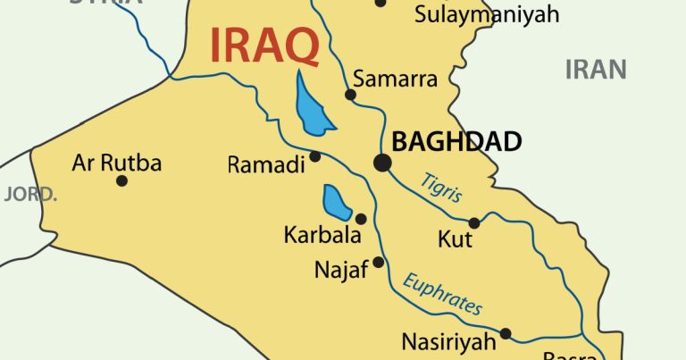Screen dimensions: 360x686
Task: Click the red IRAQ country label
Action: (264, 46)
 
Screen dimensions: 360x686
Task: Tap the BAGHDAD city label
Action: (456, 141)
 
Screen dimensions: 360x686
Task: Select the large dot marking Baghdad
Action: (382, 163)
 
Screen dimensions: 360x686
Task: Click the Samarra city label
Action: (396, 79)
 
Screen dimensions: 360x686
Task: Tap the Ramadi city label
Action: (266, 164)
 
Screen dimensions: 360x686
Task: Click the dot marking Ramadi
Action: (315, 156)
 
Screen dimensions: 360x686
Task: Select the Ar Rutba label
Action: (117, 163)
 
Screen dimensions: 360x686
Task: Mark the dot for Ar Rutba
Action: (121, 180)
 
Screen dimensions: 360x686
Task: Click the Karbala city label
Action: (322, 237)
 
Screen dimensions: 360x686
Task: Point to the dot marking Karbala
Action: (361, 219)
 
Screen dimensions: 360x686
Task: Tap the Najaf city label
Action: (341, 270)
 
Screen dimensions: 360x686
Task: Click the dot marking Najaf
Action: (379, 262)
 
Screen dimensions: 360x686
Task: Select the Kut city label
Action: (455, 240)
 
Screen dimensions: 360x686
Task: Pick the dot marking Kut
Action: (474, 222)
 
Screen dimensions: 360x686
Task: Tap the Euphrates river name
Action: (442, 294)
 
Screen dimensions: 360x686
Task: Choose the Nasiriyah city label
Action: (448, 341)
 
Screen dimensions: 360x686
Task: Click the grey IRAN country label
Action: (596, 69)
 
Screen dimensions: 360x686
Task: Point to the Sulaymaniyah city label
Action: (487, 14)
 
